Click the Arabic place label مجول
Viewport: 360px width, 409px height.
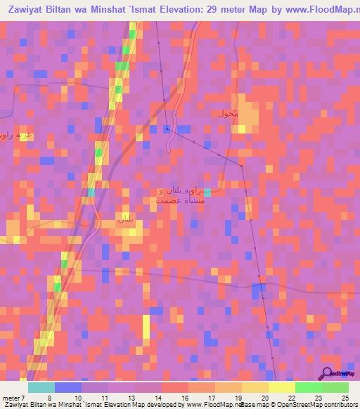[229, 113]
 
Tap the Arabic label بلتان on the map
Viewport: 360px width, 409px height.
[124, 220]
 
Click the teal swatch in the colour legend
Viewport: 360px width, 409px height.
[41, 387]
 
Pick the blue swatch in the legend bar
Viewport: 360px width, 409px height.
[68, 387]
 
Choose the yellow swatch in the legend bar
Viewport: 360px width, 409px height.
[281, 387]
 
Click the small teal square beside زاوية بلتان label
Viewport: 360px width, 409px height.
[207, 192]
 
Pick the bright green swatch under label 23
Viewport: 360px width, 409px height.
[308, 387]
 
